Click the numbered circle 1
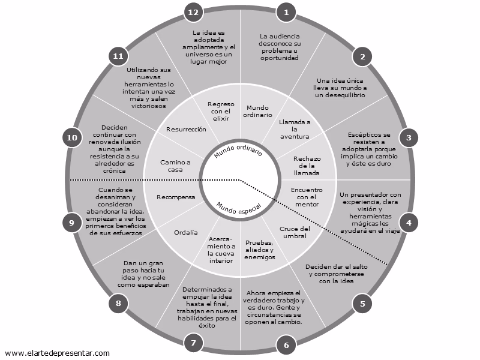(286, 11)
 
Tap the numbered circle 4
(409, 222)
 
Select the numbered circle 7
(193, 344)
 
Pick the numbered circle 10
(72, 138)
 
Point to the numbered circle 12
(193, 11)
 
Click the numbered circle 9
(71, 222)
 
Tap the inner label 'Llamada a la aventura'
(294, 129)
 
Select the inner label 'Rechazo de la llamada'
(307, 166)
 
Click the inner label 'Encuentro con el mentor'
(307, 197)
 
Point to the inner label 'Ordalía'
(185, 232)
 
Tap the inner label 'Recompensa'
(176, 197)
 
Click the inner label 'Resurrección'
(186, 129)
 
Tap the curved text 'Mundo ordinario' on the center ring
(238, 151)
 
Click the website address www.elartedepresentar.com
(57, 353)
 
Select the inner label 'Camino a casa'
(175, 166)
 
